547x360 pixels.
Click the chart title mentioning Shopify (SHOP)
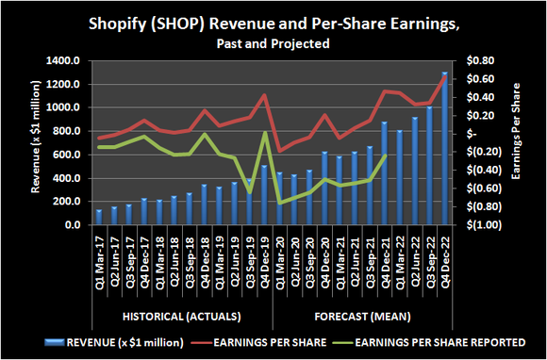273,22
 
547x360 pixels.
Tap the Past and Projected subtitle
273,43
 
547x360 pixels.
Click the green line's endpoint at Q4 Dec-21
385,155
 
